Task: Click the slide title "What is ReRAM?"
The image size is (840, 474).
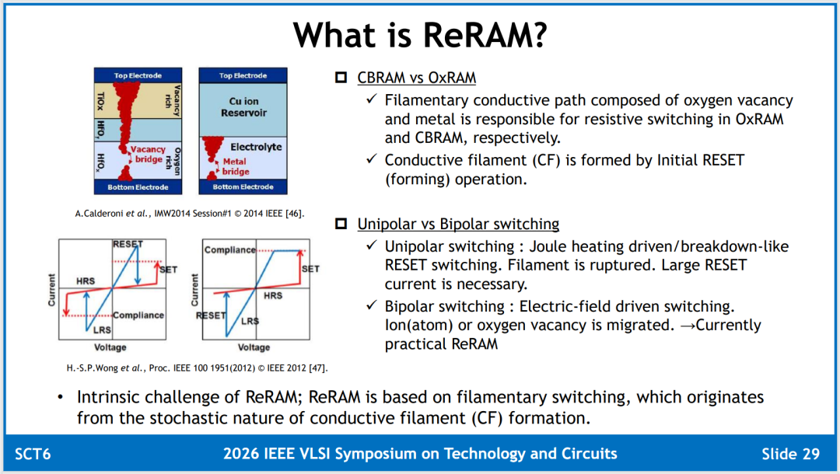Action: click(x=420, y=35)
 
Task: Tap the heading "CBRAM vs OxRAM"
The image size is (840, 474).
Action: click(x=416, y=78)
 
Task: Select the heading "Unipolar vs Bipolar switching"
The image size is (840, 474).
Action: click(x=458, y=224)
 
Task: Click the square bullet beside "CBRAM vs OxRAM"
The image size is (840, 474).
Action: click(x=341, y=78)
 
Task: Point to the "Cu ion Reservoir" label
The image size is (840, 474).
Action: click(x=243, y=107)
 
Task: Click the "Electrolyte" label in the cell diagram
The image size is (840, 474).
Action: click(x=256, y=147)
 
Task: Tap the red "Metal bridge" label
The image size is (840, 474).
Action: click(x=236, y=166)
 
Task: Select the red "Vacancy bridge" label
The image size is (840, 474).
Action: click(x=148, y=154)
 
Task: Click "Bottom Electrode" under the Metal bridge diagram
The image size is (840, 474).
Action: click(x=243, y=186)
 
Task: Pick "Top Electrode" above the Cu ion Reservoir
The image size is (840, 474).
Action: click(x=243, y=75)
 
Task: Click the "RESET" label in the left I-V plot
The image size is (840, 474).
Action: click(x=128, y=244)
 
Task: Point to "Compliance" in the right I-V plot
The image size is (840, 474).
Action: click(x=229, y=250)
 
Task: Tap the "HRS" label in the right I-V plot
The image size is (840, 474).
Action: click(x=273, y=295)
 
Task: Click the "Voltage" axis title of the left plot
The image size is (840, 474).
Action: click(x=110, y=347)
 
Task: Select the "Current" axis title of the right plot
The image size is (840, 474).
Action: click(x=194, y=290)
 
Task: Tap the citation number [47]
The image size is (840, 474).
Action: click(x=318, y=368)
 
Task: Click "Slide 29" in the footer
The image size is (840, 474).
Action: click(x=791, y=455)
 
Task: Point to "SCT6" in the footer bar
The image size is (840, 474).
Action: click(x=33, y=455)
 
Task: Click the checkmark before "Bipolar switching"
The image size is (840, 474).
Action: click(x=372, y=305)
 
